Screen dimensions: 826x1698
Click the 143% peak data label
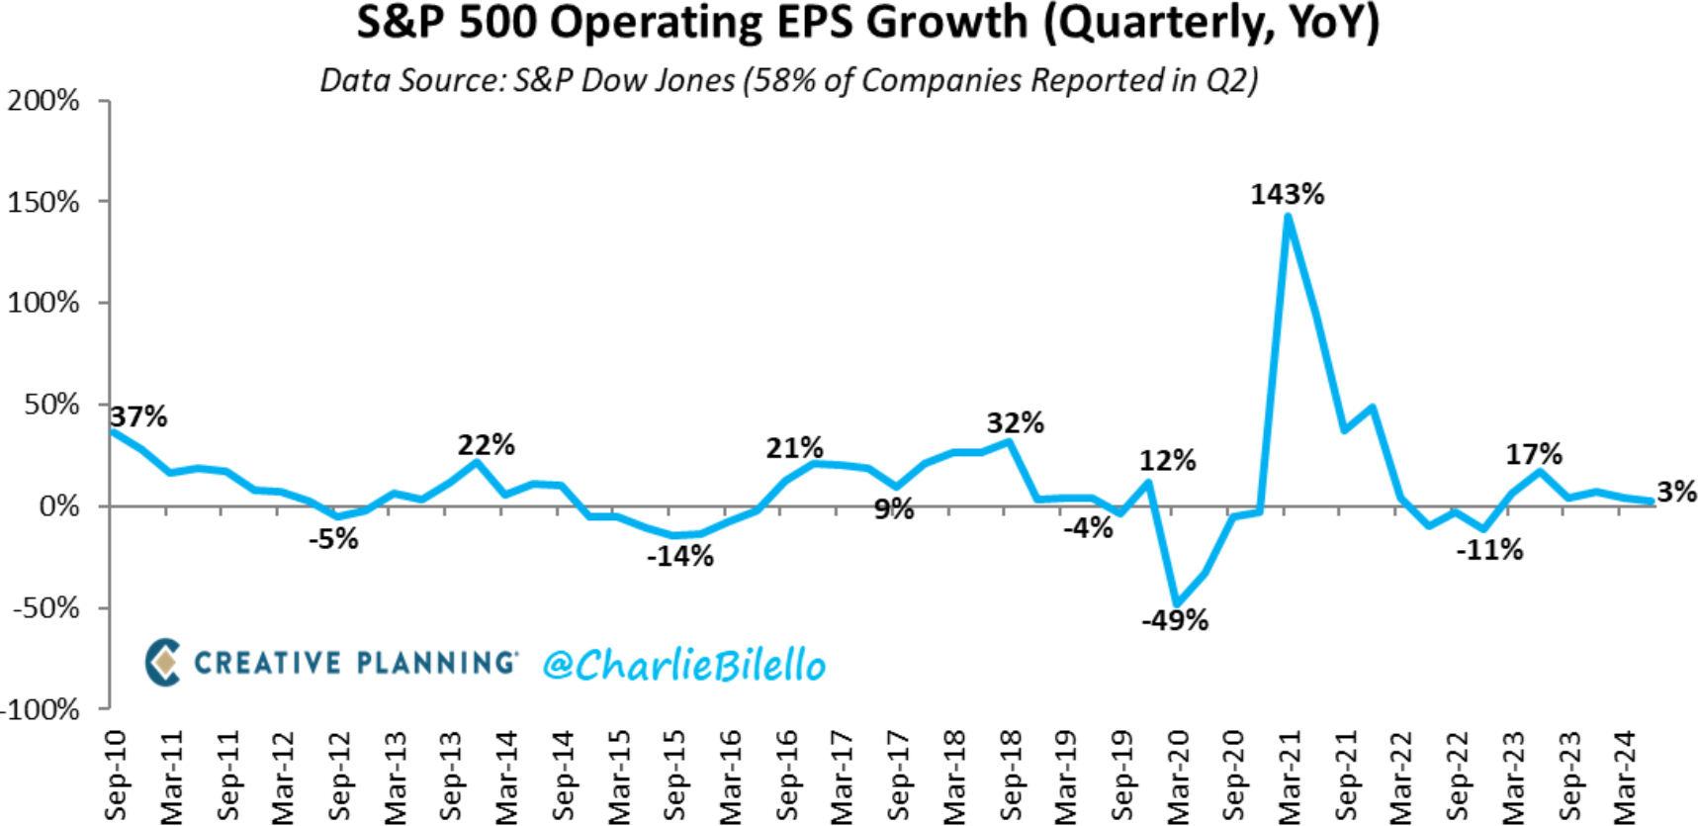pos(1287,194)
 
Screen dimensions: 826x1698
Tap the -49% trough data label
pos(1175,620)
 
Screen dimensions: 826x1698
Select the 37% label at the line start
pos(138,416)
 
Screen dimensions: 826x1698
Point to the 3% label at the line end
pos(1676,492)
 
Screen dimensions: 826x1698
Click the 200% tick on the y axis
pos(44,100)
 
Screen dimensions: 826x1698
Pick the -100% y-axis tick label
pos(40,709)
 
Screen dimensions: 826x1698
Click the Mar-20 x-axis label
pos(1178,777)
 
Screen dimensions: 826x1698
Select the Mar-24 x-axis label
pos(1625,777)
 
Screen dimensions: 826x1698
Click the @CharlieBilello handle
pos(683,665)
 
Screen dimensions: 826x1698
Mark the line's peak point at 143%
pos(1288,217)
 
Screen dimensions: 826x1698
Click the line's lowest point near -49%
pos(1177,604)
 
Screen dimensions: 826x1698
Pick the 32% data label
pos(1015,422)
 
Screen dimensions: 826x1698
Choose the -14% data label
pos(680,556)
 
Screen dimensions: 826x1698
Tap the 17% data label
pos(1534,454)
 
